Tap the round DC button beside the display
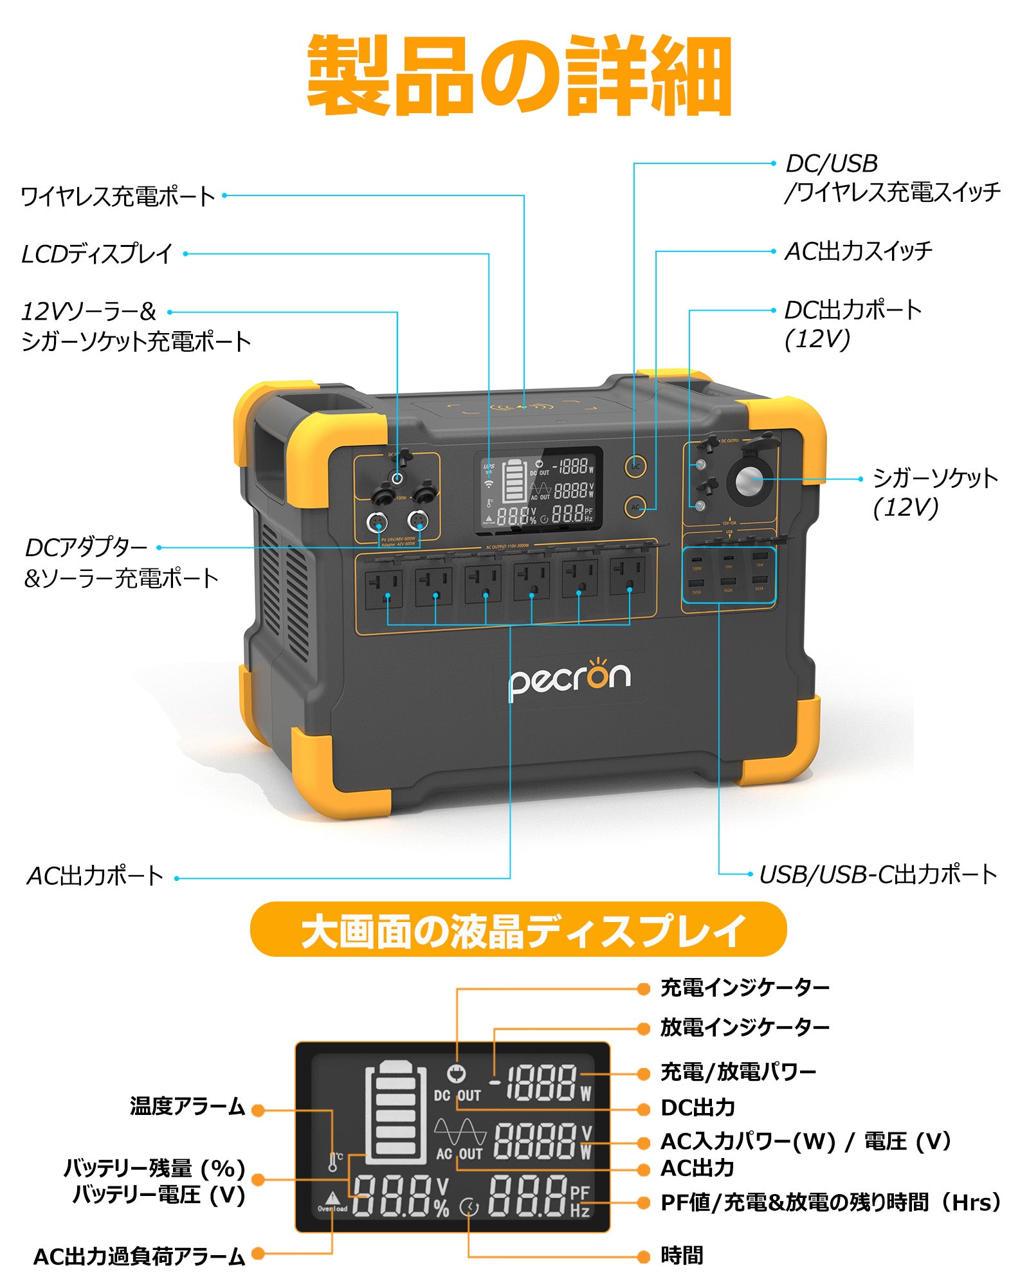pos(635,466)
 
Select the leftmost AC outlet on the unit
pos(384,588)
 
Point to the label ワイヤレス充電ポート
pos(118,196)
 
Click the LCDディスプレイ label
pos(97,254)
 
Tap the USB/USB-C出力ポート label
pos(878,874)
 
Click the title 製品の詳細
pos(518,76)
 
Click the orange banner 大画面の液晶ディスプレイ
pos(518,930)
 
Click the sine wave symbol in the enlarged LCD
pos(460,1132)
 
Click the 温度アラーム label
pos(187,1107)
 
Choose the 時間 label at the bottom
pos(682,1255)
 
